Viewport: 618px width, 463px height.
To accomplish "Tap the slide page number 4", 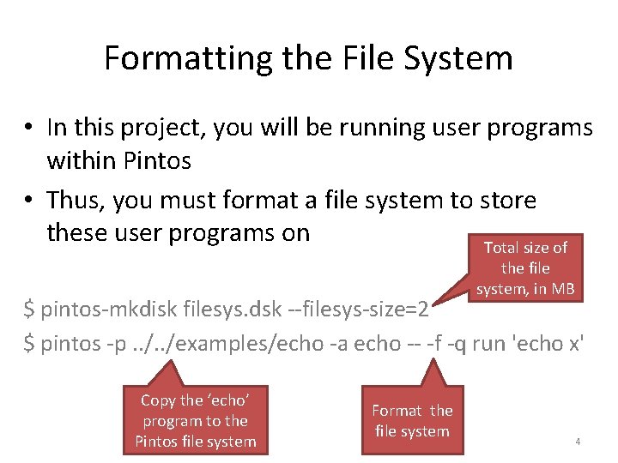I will pyautogui.click(x=578, y=442).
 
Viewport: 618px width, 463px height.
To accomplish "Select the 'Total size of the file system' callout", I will pyautogui.click(x=525, y=268).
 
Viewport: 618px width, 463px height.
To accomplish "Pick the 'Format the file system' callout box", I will pyautogui.click(x=412, y=420).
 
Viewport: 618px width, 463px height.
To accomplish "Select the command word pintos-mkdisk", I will pyautogui.click(x=95, y=308).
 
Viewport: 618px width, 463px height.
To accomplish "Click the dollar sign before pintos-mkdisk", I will pyautogui.click(x=29, y=308).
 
